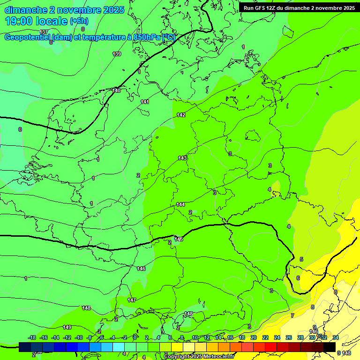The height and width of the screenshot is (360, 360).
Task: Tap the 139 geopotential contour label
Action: (117, 54)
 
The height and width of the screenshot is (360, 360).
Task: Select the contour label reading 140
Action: (116, 90)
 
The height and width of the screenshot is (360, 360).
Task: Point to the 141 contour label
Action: (145, 102)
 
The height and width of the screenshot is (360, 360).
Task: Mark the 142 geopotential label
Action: (181, 115)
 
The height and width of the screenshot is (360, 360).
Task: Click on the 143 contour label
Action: (182, 158)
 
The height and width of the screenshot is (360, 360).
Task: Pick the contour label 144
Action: (180, 204)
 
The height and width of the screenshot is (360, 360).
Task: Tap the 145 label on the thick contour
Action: (179, 239)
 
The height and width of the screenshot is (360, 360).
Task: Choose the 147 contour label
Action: (132, 300)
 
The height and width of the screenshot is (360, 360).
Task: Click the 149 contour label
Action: (67, 327)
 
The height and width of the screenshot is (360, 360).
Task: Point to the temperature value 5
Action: (301, 259)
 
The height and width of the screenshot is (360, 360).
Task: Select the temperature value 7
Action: (292, 315)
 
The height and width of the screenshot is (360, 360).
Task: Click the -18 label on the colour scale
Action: (32, 337)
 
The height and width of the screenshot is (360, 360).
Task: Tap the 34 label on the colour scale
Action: (335, 337)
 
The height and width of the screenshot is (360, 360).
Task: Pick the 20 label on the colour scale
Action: (254, 337)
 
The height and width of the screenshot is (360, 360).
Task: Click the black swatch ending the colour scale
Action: (330, 347)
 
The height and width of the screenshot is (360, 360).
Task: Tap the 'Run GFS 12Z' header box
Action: (299, 7)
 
